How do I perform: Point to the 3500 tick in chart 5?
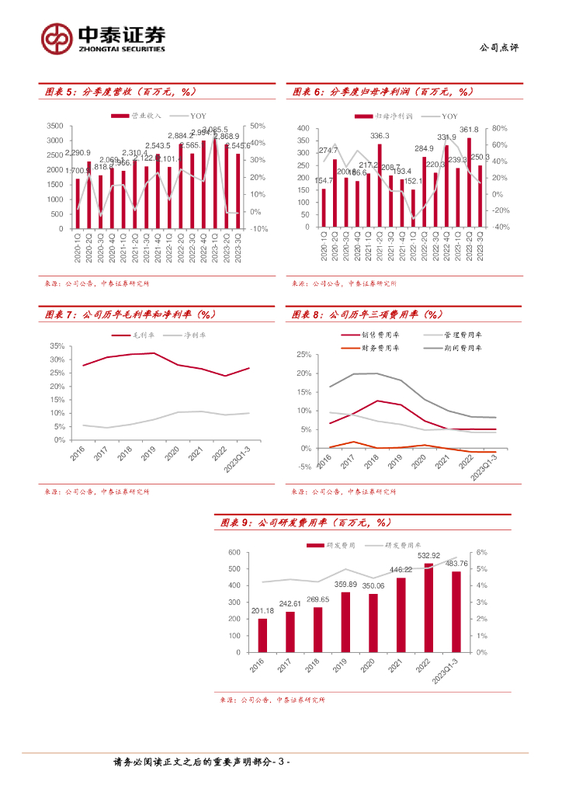(55, 126)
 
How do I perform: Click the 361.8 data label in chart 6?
(468, 130)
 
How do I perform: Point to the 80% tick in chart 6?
(500, 128)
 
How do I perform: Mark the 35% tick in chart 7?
(57, 346)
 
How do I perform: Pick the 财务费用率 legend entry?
(380, 349)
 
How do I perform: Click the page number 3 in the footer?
(281, 764)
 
